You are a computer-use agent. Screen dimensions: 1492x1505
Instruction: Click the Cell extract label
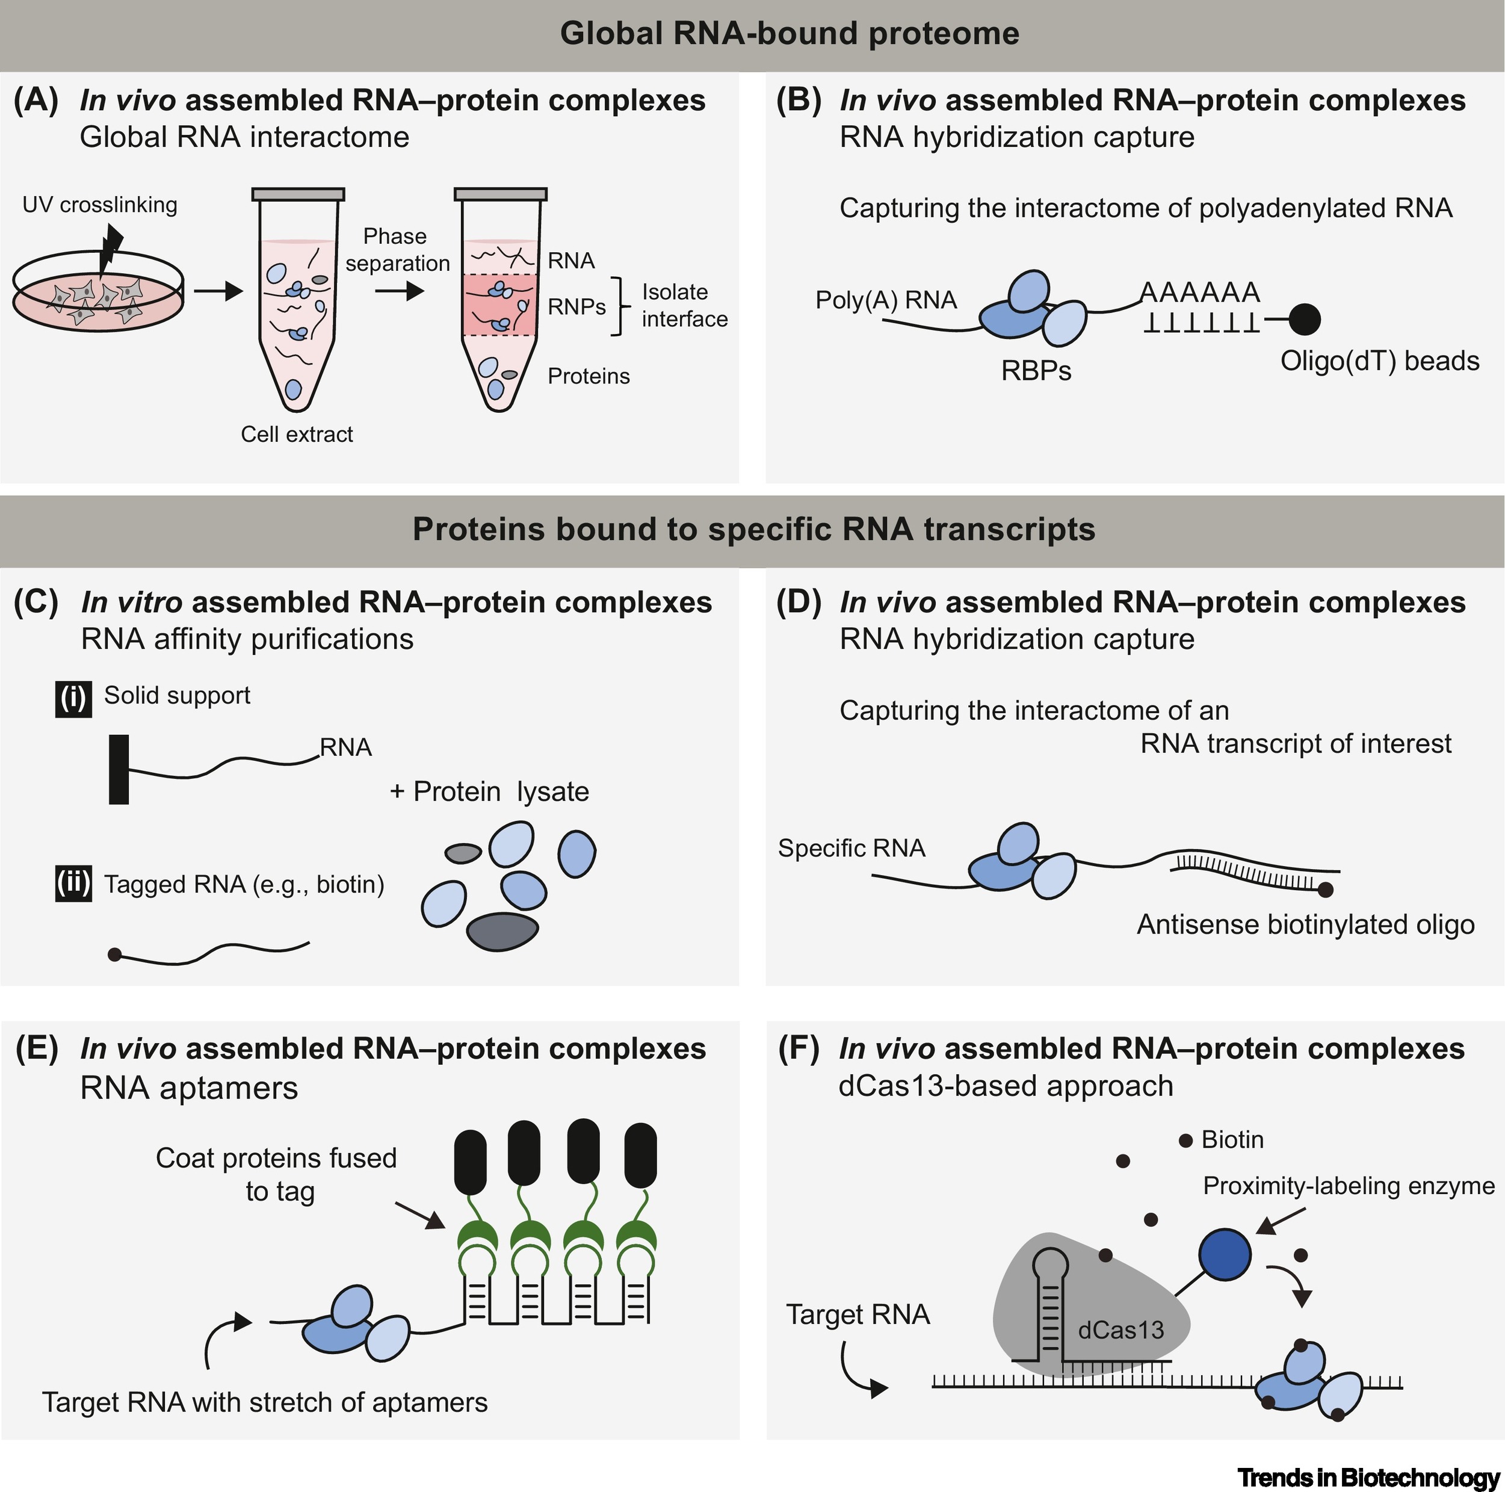(x=296, y=434)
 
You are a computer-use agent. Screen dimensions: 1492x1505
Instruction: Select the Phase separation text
(x=397, y=249)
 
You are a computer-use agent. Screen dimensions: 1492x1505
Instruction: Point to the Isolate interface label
(x=684, y=305)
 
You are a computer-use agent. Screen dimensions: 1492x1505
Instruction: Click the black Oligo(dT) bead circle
(x=1304, y=318)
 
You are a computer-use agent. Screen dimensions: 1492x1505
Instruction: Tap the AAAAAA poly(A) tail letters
(x=1200, y=292)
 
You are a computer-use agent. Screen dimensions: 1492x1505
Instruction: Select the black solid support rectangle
(x=119, y=769)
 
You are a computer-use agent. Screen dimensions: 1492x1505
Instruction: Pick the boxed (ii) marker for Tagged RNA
(x=73, y=884)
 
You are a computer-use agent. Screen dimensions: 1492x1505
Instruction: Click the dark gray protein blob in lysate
(x=502, y=932)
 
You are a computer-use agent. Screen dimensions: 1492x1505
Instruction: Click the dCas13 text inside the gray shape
(x=1120, y=1329)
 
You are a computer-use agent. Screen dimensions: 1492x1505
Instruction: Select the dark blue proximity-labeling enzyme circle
(x=1224, y=1254)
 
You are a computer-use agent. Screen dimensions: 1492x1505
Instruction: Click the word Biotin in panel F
(x=1232, y=1140)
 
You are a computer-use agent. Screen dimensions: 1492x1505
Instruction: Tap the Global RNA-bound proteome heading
(x=789, y=34)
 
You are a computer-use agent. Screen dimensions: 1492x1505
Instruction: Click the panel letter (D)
(x=799, y=602)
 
